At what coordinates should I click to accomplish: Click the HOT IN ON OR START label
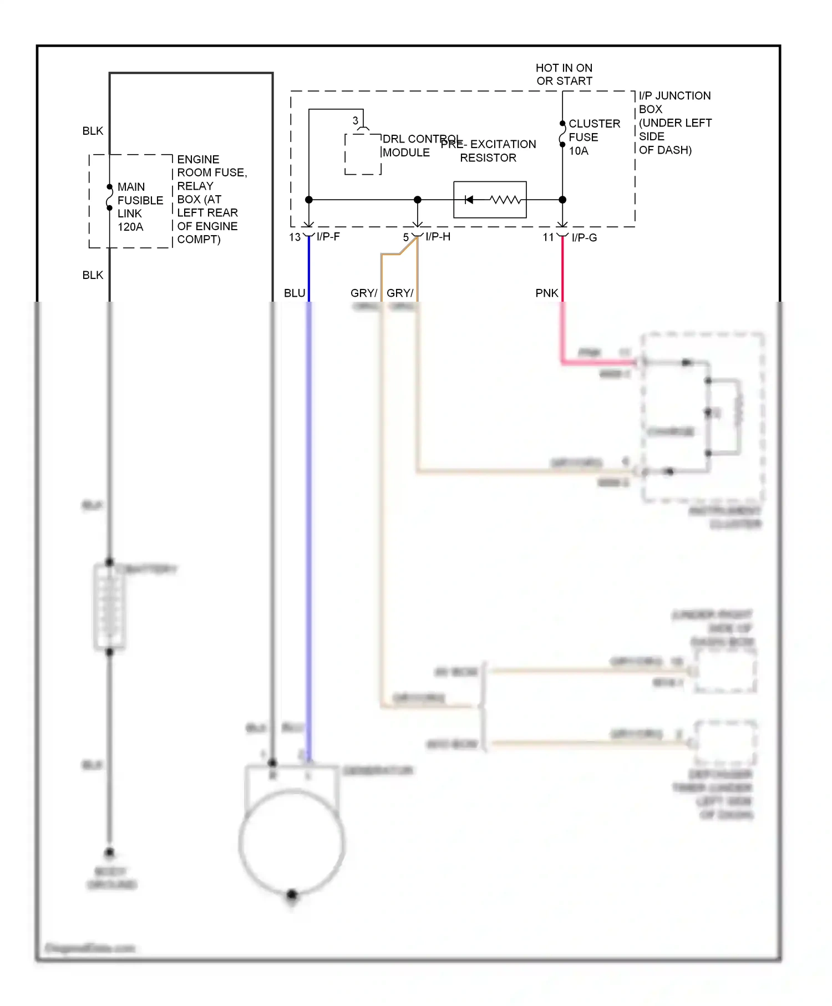click(564, 74)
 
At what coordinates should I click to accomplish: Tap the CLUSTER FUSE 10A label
click(593, 137)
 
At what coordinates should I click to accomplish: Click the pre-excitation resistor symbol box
click(490, 200)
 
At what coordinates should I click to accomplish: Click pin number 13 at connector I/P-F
click(295, 237)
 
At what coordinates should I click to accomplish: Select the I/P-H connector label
click(438, 237)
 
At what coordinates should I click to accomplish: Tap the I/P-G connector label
click(584, 238)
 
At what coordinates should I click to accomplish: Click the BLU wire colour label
click(295, 293)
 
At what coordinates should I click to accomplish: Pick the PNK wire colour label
click(546, 293)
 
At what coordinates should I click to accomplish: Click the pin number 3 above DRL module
click(355, 120)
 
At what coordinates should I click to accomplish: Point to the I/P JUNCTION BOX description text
click(674, 123)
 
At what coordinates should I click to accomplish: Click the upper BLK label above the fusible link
click(93, 131)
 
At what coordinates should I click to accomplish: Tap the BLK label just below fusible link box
click(93, 275)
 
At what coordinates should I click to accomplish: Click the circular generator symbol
click(292, 843)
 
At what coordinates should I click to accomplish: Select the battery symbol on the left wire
click(109, 606)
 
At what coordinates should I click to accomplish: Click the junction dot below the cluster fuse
click(562, 200)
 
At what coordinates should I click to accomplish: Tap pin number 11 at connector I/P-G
click(548, 237)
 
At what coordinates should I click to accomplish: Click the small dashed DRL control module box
click(363, 154)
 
